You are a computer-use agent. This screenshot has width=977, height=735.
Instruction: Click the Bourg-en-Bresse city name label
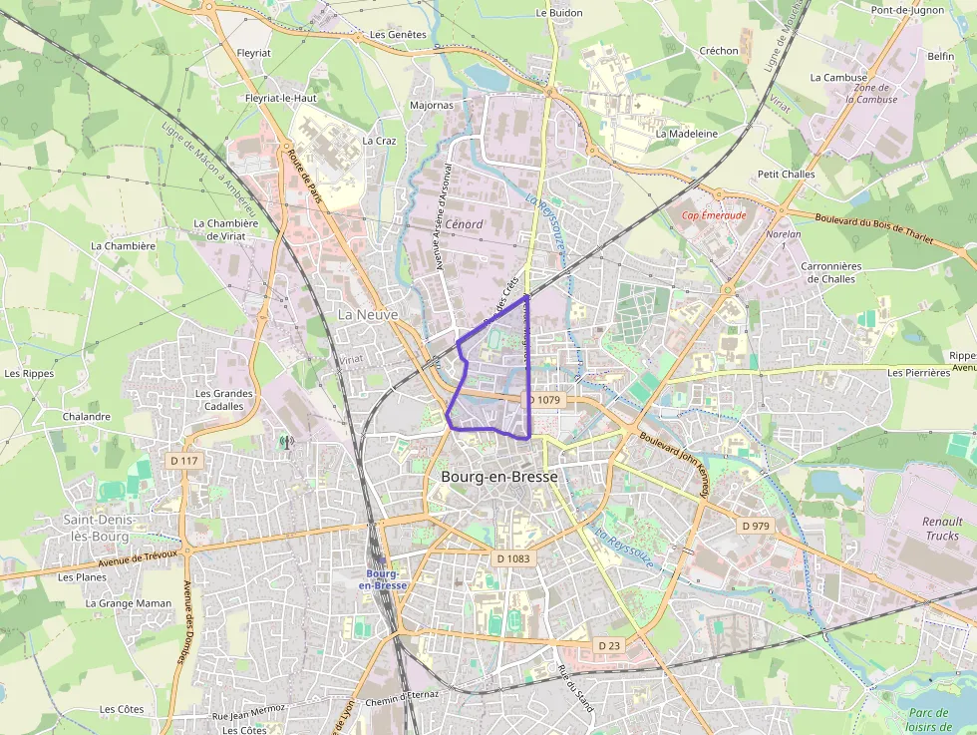coord(498,477)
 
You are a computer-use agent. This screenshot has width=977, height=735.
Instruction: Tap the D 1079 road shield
coord(545,399)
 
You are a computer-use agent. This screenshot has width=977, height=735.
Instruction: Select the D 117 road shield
coord(184,461)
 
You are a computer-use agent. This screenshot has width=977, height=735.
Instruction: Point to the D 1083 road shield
coord(512,558)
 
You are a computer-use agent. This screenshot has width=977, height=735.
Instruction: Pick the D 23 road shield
coord(609,646)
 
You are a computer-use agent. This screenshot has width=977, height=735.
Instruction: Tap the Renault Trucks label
coord(942,529)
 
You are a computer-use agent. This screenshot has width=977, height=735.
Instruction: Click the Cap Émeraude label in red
coord(713,214)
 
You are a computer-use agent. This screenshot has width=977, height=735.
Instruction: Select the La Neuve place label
coord(367,314)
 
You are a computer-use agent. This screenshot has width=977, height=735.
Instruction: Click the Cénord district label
coord(464,224)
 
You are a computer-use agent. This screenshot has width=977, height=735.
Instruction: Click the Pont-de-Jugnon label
coord(907,11)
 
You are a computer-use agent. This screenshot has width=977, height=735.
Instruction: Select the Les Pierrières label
coord(918,372)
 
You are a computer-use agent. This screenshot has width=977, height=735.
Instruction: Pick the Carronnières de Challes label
coord(829,272)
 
